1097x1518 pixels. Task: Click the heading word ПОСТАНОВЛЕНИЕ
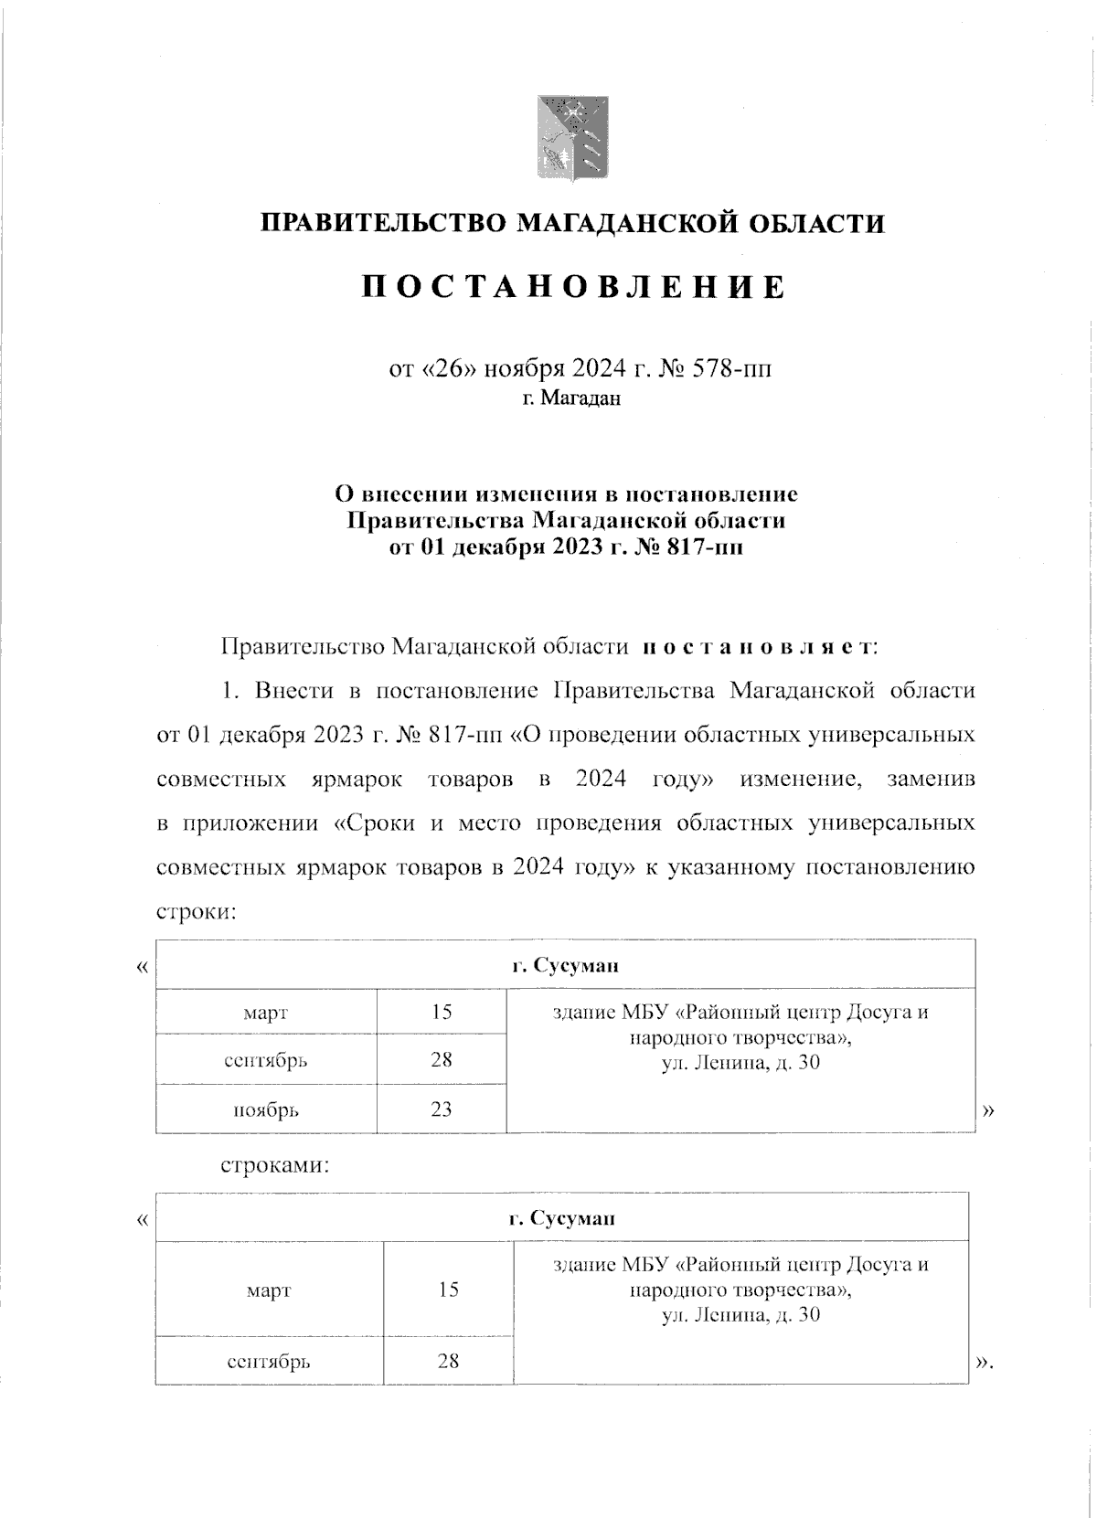pos(573,287)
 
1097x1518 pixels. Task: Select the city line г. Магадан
pos(571,398)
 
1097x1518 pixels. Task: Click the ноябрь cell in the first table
pos(266,1110)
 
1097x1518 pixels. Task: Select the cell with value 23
pos(441,1109)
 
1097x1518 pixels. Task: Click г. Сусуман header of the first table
pos(564,966)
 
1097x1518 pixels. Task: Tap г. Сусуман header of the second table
pos(561,1218)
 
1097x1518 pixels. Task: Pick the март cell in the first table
pos(266,1013)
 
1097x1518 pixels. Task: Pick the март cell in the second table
pos(269,1290)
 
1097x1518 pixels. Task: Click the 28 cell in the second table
pos(447,1361)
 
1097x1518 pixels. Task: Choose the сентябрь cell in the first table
pos(266,1061)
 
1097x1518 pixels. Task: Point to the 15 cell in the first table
pos(442,1012)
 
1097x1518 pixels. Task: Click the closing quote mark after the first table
pos(987,1111)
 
